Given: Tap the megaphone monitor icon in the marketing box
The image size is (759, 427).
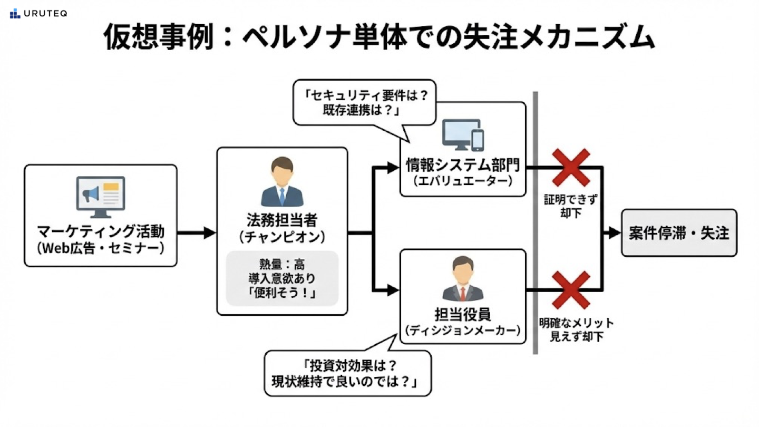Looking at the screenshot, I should pos(101,197).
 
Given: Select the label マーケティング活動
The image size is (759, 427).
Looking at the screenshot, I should pos(101,231).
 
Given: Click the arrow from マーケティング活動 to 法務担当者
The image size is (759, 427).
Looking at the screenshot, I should pos(196,232).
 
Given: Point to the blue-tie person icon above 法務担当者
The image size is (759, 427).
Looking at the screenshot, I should pos(282,182).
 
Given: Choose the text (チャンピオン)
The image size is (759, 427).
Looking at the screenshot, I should pos(282,237).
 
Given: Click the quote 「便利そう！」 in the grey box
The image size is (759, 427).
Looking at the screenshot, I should pos(282,293).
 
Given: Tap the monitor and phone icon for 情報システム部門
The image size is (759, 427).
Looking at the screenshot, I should pos(463,134).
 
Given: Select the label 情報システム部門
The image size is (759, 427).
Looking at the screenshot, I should pos(463,166).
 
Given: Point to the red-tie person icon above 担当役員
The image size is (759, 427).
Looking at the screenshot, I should pos(463,279).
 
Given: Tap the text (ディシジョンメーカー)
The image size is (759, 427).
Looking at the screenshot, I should pos(463,331).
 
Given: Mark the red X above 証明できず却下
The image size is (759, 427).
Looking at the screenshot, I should pos(570,168).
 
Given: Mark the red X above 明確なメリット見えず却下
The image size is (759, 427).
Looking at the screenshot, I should pos(570,290).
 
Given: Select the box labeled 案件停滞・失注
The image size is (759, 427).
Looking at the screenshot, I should pos(679,233).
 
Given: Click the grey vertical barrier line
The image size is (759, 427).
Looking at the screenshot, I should pos(535,221).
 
